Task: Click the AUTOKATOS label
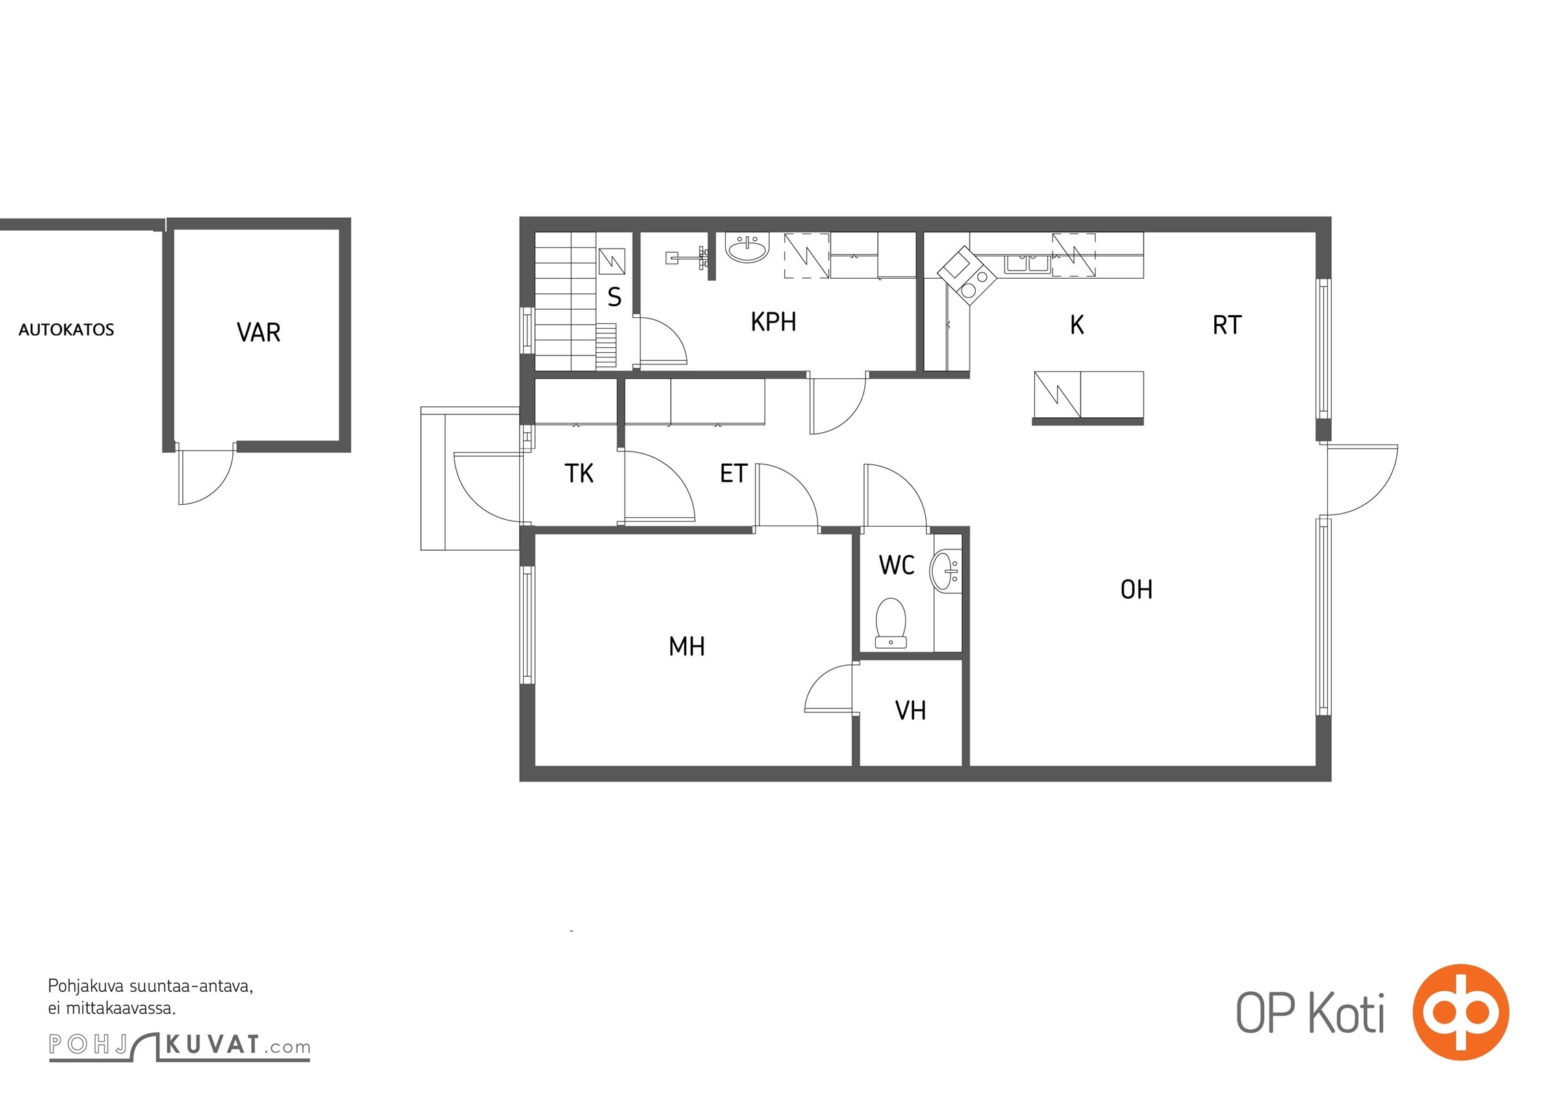tap(66, 329)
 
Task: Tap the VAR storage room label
tap(258, 332)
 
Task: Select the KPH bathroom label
tap(773, 322)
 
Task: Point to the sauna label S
tap(614, 297)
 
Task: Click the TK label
tap(579, 473)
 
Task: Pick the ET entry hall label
tap(733, 473)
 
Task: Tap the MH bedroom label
tap(686, 646)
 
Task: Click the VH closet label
tap(910, 711)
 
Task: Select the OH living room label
tap(1136, 589)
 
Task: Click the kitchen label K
tap(1076, 325)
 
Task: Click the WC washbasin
tap(946, 570)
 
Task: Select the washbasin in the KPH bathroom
tap(748, 248)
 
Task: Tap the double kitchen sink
tap(1027, 263)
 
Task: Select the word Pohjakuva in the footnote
tap(86, 987)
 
